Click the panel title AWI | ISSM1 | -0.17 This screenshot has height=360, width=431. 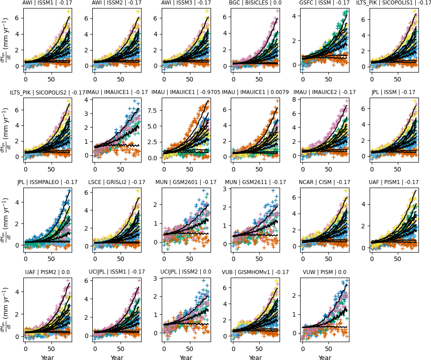coord(47,3)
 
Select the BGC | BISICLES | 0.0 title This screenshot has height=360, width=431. coord(255,3)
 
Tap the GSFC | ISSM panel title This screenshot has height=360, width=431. coord(324,3)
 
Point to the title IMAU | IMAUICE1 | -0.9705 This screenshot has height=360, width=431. coord(186,93)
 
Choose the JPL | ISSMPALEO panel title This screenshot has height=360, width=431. coord(47,182)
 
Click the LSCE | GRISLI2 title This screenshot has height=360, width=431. coord(117,182)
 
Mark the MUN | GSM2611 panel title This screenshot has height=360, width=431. coord(255,182)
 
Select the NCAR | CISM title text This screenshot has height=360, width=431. coord(324,182)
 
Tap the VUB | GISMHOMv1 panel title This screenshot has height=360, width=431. coord(255,272)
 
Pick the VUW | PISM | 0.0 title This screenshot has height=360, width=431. coord(324,272)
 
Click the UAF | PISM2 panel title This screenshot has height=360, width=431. coord(47,272)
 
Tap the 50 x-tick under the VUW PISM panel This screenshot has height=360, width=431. coord(329,349)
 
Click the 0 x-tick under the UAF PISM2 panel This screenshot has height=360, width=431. coord(26,349)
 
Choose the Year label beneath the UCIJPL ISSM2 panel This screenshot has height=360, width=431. coord(186,357)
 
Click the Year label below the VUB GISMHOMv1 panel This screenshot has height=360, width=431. coord(255,357)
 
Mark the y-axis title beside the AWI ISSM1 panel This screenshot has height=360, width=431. coord(4,40)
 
